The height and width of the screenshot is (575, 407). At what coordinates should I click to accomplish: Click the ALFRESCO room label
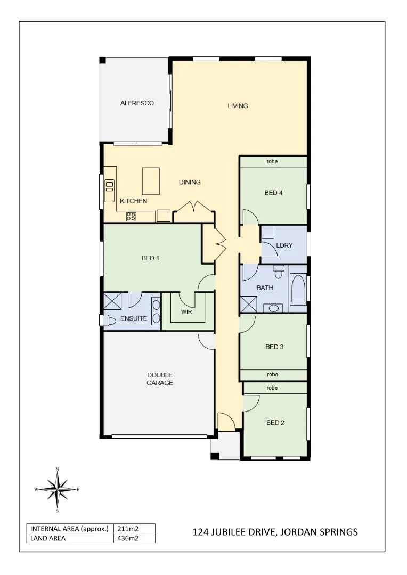click(x=137, y=103)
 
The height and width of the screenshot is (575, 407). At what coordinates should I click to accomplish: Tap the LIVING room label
click(x=238, y=106)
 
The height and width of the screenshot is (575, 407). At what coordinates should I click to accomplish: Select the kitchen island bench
click(x=151, y=181)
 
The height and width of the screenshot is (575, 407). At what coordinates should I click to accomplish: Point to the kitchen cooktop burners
click(x=131, y=217)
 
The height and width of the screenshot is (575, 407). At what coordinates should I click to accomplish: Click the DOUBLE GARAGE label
click(x=160, y=379)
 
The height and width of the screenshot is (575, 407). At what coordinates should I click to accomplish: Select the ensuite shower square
click(x=112, y=300)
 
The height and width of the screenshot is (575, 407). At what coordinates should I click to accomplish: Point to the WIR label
click(x=186, y=312)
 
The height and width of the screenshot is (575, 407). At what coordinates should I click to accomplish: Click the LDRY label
click(x=284, y=245)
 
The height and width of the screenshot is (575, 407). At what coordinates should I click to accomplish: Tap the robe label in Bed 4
click(x=272, y=162)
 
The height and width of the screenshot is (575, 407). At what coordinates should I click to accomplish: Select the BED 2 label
click(x=275, y=423)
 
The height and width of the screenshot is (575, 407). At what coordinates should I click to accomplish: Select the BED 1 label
click(x=150, y=258)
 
